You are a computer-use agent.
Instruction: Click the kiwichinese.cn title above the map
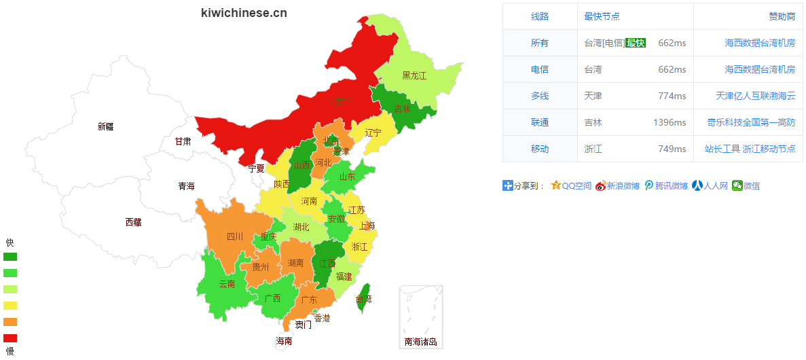244,13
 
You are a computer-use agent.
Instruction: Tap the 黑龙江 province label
414,75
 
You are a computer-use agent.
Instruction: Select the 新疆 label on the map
105,126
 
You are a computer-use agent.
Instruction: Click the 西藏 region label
133,222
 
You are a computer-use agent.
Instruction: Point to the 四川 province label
234,236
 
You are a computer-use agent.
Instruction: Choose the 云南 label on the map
227,284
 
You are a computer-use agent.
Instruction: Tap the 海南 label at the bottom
284,341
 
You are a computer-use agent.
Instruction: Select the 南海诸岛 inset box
421,317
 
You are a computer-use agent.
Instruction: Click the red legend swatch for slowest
10,338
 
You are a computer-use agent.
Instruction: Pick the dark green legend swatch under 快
10,257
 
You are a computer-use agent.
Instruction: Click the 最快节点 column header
602,16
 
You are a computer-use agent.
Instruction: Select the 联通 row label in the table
540,122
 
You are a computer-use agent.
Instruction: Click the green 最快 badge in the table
636,43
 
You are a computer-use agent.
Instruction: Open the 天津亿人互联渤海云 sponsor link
755,96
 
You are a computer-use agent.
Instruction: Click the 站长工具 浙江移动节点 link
750,149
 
